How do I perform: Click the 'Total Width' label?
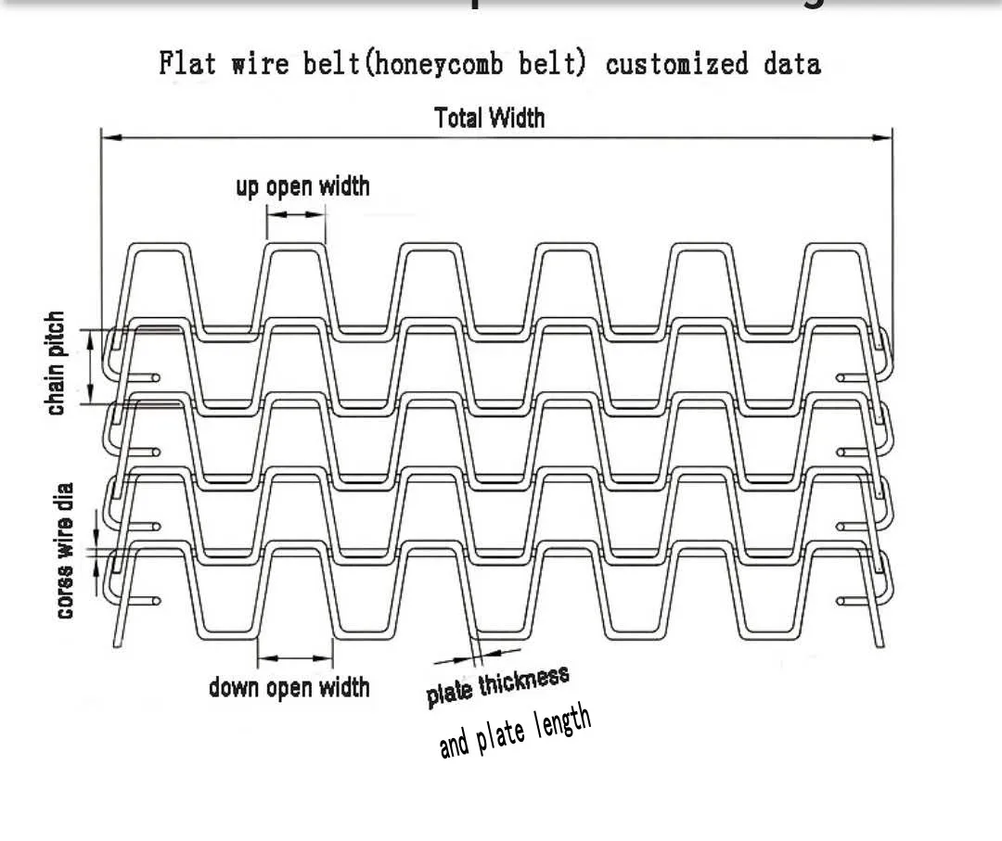pyautogui.click(x=489, y=118)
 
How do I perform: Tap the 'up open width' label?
pyautogui.click(x=302, y=186)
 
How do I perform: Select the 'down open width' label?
pyautogui.click(x=289, y=687)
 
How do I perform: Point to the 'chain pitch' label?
pyautogui.click(x=57, y=363)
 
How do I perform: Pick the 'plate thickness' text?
pyautogui.click(x=497, y=686)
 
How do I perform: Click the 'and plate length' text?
pyautogui.click(x=514, y=731)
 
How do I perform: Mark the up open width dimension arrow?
pyautogui.click(x=297, y=214)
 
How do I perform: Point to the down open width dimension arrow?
pyautogui.click(x=295, y=659)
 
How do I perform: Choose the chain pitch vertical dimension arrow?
pyautogui.click(x=91, y=367)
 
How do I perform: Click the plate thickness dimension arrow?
pyautogui.click(x=464, y=657)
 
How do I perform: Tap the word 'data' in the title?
pyautogui.click(x=792, y=64)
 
